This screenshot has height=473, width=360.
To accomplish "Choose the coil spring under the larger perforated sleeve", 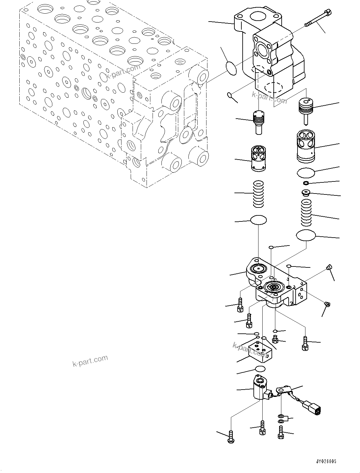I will tap(306, 211).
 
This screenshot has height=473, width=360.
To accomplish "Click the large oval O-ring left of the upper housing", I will tap(231, 69).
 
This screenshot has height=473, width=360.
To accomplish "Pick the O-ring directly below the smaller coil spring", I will tap(259, 220).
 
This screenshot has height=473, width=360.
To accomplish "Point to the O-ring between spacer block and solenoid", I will tap(260, 369).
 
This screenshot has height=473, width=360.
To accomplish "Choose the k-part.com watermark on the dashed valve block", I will tap(123, 72).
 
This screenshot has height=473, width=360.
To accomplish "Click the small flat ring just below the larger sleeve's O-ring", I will tap(306, 183).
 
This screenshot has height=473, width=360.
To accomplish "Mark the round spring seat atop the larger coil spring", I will tap(306, 192).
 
